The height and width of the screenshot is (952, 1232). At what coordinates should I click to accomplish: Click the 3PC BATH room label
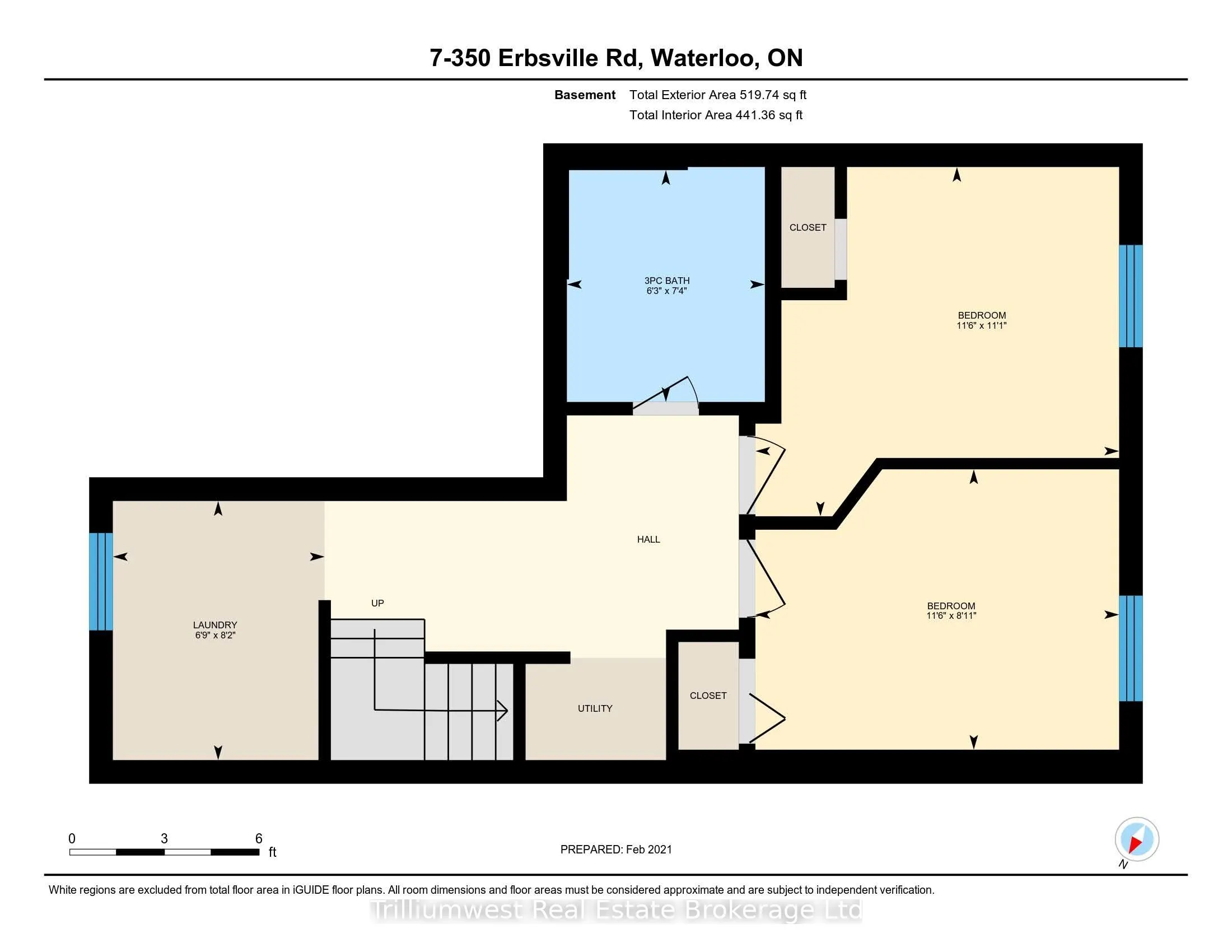667,281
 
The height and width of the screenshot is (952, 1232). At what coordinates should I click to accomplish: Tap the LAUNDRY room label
215,625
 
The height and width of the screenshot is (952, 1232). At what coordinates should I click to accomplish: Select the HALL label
648,539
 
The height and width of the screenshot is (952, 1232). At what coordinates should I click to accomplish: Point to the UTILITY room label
595,708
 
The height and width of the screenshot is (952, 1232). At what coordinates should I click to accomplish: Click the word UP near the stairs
377,603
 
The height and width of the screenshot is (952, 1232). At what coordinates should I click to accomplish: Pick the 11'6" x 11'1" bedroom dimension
982,325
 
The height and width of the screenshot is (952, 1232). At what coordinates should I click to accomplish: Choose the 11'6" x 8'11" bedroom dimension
951,616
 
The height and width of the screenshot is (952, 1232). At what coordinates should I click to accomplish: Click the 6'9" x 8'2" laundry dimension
215,635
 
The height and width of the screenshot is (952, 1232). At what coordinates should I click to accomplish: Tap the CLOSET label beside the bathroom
808,227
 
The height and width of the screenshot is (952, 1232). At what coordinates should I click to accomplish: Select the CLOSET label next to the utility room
708,696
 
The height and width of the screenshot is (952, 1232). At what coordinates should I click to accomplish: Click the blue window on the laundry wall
101,581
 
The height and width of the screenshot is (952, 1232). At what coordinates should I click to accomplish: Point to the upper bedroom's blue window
1131,296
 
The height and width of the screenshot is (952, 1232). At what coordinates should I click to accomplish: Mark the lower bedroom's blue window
1131,648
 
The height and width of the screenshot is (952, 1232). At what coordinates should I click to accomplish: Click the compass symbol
1137,839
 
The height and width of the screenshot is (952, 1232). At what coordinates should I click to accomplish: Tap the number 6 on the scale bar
259,838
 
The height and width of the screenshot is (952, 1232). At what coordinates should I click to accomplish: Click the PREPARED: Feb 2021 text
616,850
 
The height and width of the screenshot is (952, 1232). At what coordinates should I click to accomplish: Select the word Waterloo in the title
703,58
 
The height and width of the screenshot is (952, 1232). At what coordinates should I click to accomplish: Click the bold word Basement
585,95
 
